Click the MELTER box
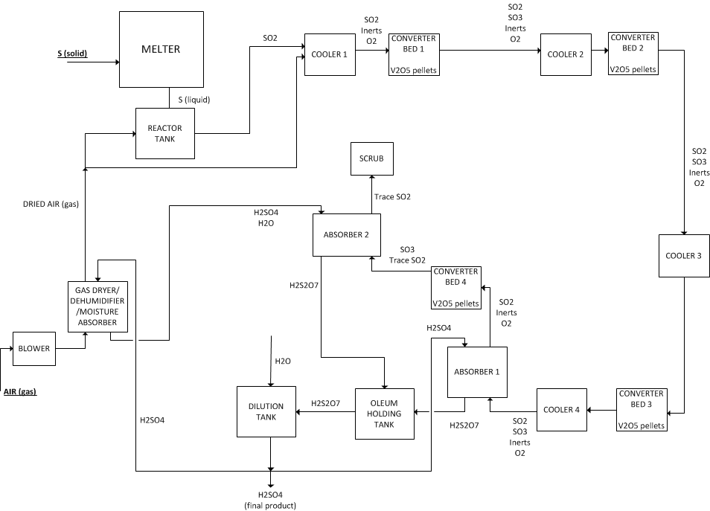coord(161,51)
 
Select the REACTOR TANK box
coord(164,133)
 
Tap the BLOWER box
coord(34,348)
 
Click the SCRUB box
coord(372,158)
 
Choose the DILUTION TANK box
coord(266,411)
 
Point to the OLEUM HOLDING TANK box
coord(384,414)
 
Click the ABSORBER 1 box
coord(477,372)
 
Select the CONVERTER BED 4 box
coord(456,288)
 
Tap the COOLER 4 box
coord(562,410)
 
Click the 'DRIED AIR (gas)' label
coord(48,204)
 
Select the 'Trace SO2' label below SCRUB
coord(392,197)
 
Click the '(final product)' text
coord(270,506)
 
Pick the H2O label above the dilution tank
coord(283,361)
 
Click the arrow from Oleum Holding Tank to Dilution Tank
coord(325,411)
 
